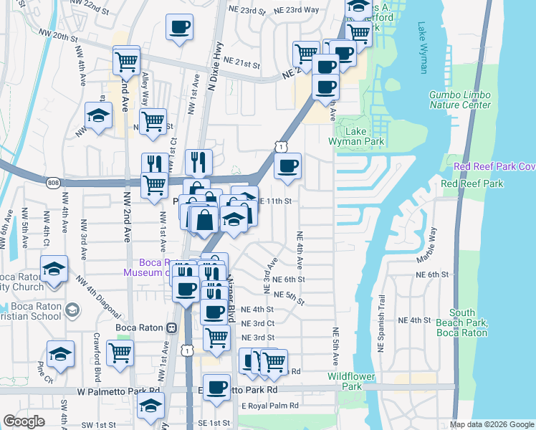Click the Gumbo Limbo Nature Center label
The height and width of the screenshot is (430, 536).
click(460, 100)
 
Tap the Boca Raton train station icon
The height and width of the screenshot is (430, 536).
click(171, 328)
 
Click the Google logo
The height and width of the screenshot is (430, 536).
click(24, 421)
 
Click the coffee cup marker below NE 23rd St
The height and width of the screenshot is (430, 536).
click(179, 28)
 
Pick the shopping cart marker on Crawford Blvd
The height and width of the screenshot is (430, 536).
click(120, 352)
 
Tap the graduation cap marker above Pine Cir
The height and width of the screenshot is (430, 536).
click(60, 354)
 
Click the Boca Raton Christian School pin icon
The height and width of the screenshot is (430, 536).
click(71, 310)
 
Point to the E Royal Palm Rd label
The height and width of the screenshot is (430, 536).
click(269, 406)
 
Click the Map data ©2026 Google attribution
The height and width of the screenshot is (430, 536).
click(492, 424)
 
